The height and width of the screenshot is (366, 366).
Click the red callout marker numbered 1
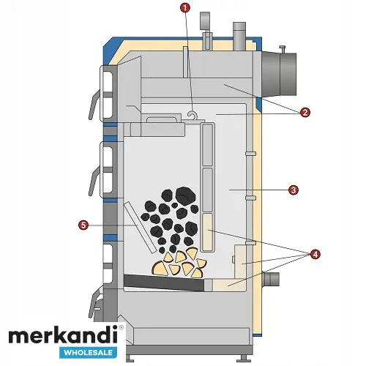(x=184, y=8)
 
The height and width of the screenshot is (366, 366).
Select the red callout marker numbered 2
(x=305, y=113)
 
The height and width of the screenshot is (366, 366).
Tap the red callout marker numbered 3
(x=294, y=190)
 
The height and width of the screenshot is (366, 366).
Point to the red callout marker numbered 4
(x=315, y=255)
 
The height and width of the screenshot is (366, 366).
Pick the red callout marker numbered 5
(x=83, y=225)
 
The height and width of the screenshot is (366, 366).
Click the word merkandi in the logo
(x=64, y=337)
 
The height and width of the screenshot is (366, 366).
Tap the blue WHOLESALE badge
(x=89, y=353)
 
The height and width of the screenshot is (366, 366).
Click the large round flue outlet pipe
(x=279, y=74)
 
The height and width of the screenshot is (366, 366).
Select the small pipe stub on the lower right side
(x=270, y=279)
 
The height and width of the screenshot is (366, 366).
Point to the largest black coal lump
(x=185, y=196)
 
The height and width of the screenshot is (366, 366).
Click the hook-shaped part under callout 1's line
(x=191, y=114)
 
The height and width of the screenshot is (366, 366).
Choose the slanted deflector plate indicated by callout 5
(x=141, y=228)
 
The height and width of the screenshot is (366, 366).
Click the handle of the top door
(x=94, y=105)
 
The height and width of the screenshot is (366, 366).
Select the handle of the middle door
(x=94, y=181)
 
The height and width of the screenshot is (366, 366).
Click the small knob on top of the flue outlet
(x=283, y=49)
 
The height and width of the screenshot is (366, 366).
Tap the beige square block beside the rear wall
(x=241, y=261)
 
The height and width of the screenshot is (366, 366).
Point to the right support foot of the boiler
(x=243, y=358)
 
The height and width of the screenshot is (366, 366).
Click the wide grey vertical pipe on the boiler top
(x=239, y=36)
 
